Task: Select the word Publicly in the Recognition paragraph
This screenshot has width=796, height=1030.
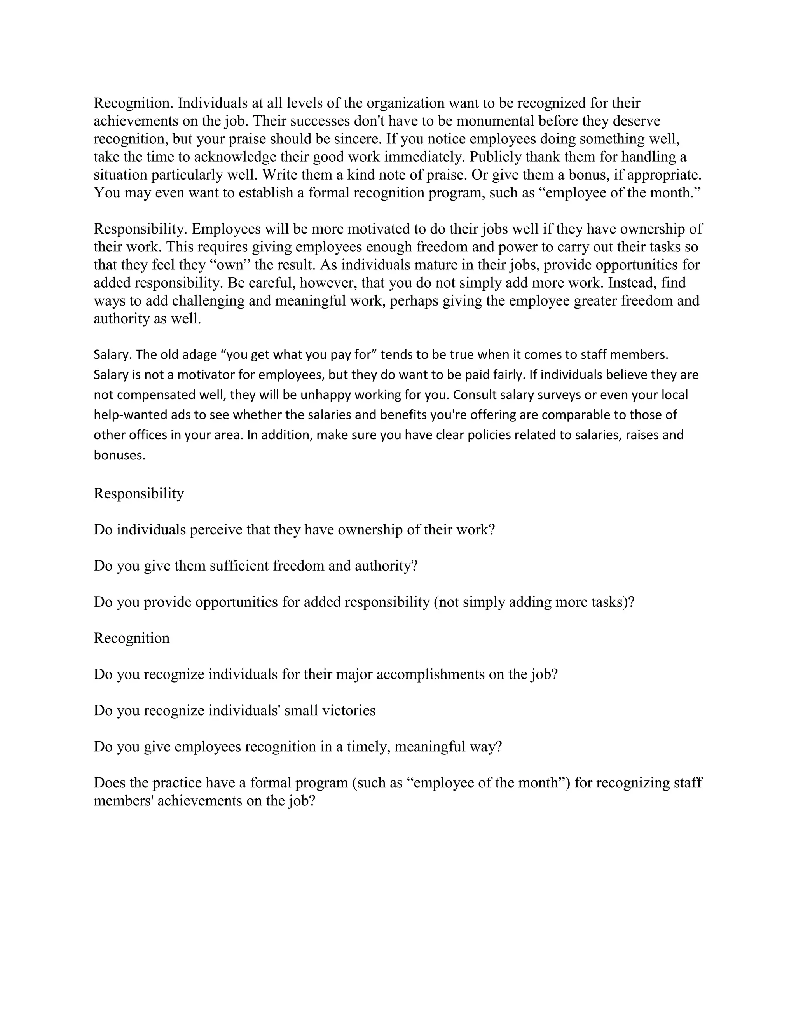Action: tap(495, 157)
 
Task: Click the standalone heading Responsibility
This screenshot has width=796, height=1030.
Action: tap(139, 493)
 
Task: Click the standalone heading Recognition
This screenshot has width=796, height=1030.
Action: tap(132, 638)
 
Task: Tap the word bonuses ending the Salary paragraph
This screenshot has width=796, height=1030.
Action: tap(119, 456)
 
